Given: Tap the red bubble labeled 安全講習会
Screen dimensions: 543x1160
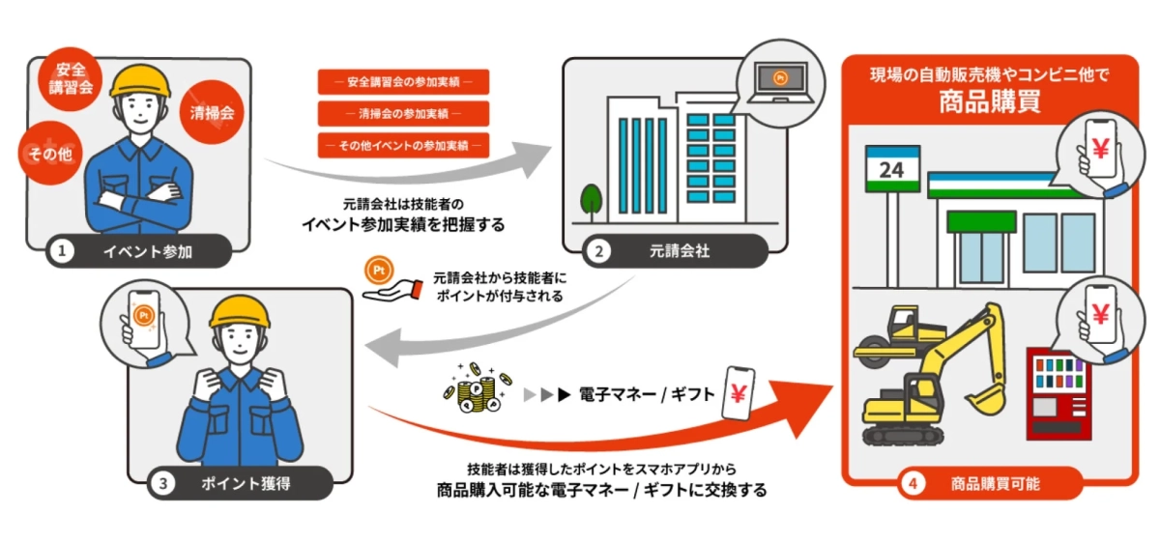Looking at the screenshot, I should (70, 79).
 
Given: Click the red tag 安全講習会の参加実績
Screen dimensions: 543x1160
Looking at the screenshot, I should (403, 82).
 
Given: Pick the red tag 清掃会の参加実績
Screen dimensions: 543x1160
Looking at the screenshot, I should (403, 114).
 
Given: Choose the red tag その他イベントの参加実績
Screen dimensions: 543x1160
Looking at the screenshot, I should (403, 146).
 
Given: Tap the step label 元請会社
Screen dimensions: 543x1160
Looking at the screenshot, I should (677, 253).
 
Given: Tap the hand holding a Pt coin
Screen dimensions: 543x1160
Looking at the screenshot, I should (386, 279).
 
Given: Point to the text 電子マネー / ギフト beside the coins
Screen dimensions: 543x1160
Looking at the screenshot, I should (647, 394).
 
